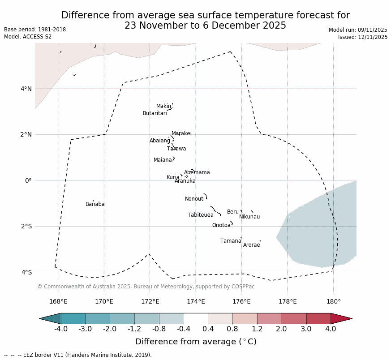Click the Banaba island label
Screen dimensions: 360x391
(x=95, y=204)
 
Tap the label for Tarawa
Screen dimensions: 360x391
(x=176, y=149)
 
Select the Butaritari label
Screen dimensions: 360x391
(x=155, y=113)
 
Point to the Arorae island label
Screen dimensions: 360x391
(x=251, y=245)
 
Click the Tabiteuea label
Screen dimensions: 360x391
(x=200, y=215)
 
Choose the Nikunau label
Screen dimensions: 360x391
(x=249, y=217)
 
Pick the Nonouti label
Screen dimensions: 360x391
(x=194, y=199)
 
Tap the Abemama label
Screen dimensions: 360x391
(x=197, y=172)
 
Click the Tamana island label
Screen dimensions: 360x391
(x=230, y=241)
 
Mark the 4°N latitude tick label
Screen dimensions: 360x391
(x=26, y=89)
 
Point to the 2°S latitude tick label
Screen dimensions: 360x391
(x=26, y=226)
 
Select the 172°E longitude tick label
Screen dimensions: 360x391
(x=150, y=301)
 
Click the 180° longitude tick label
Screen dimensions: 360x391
(x=333, y=301)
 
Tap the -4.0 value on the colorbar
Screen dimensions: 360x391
(x=60, y=329)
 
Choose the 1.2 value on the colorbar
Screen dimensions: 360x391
(x=257, y=329)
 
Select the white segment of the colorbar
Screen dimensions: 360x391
(x=196, y=318)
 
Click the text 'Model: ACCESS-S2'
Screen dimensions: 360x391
(x=28, y=37)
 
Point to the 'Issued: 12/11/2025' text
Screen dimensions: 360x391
(x=363, y=37)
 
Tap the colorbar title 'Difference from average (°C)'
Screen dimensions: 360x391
(x=196, y=342)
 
